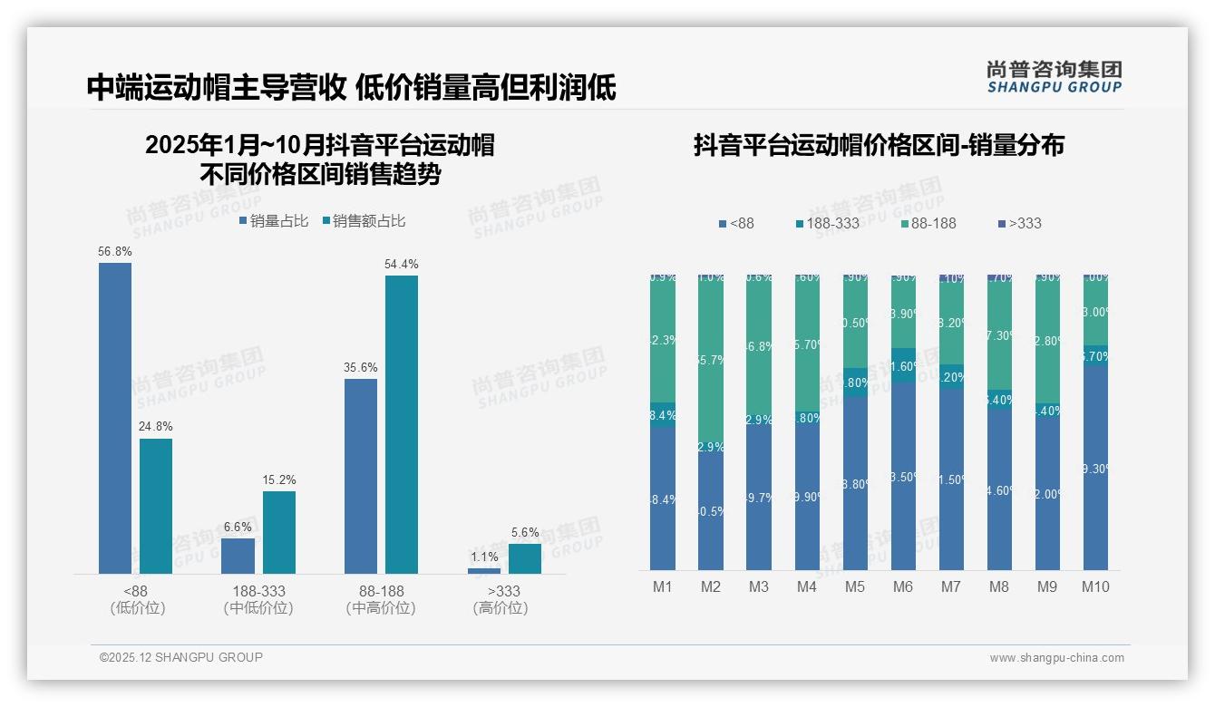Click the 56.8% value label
point(115,251)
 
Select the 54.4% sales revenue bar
point(402,424)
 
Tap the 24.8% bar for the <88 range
point(156,506)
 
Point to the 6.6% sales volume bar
point(238,556)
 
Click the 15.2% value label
point(279,479)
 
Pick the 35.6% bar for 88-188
point(361,476)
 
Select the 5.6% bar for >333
point(525,558)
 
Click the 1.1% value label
point(484,557)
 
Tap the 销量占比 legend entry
point(274,221)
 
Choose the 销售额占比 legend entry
point(364,221)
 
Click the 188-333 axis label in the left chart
point(258,591)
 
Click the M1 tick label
point(663,586)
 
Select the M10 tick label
point(1095,586)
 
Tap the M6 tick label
point(902,586)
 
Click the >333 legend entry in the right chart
point(1019,223)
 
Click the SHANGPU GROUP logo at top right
point(1055,76)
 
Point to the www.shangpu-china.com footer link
point(1056,658)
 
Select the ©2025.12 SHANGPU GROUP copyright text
point(181,657)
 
